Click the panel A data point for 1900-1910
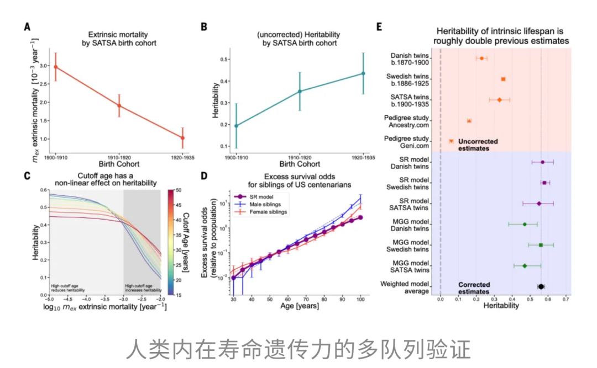coord(55,67)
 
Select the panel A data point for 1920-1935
coord(183,138)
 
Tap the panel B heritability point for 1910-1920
coord(300,91)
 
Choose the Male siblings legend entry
coord(258,204)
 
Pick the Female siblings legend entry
coord(260,212)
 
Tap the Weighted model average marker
coord(541,286)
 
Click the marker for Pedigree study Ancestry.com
coord(469,120)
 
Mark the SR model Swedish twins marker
coord(544,183)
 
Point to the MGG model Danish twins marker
coord(525,224)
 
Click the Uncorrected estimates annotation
coord(478,145)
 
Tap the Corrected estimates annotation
coord(474,288)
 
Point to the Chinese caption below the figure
coord(298,349)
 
